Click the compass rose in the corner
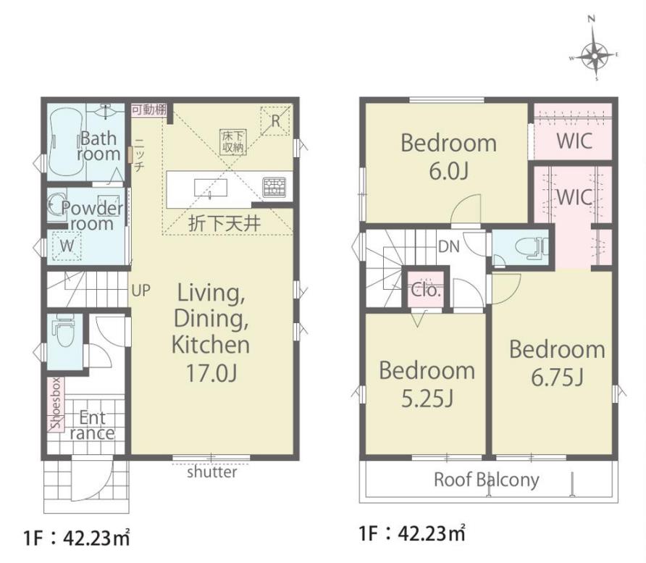coord(595,54)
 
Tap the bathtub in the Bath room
coord(65,142)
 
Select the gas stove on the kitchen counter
coord(274,187)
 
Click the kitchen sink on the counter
coord(210,188)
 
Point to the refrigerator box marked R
coord(276,120)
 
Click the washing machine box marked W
coord(67,246)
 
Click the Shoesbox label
coord(56,404)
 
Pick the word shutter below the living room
coord(211,472)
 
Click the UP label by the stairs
coord(141,291)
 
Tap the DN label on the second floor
coord(449,246)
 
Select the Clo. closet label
coord(426,290)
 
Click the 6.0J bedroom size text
coord(449,171)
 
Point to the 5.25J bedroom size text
coord(427,398)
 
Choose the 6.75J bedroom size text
coord(557,377)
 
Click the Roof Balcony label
coord(487,480)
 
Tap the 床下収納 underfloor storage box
coord(233,141)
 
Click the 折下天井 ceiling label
coord(225,223)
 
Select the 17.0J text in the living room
coord(211,372)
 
